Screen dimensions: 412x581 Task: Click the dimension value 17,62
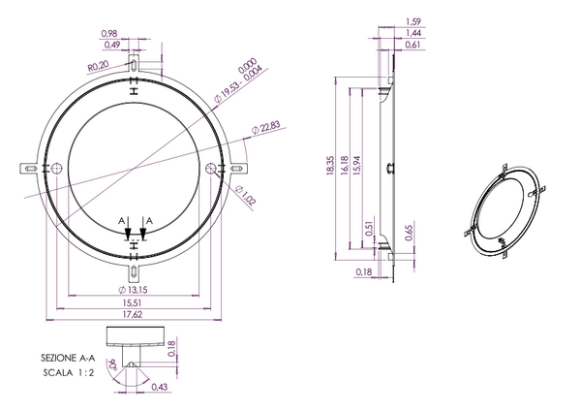coord(133,314)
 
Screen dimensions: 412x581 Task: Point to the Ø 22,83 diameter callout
coord(265,126)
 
